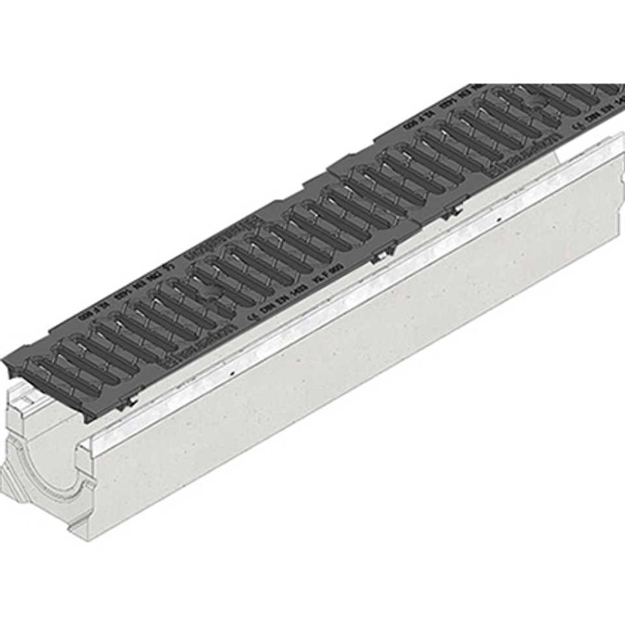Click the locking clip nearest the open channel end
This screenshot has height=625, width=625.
[x=130, y=399]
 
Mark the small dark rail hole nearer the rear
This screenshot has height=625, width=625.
[x=497, y=221]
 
